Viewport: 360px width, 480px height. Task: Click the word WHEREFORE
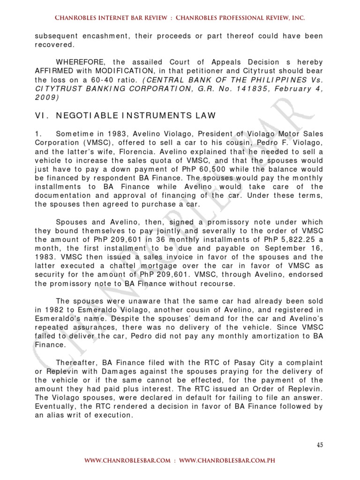click(77, 62)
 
